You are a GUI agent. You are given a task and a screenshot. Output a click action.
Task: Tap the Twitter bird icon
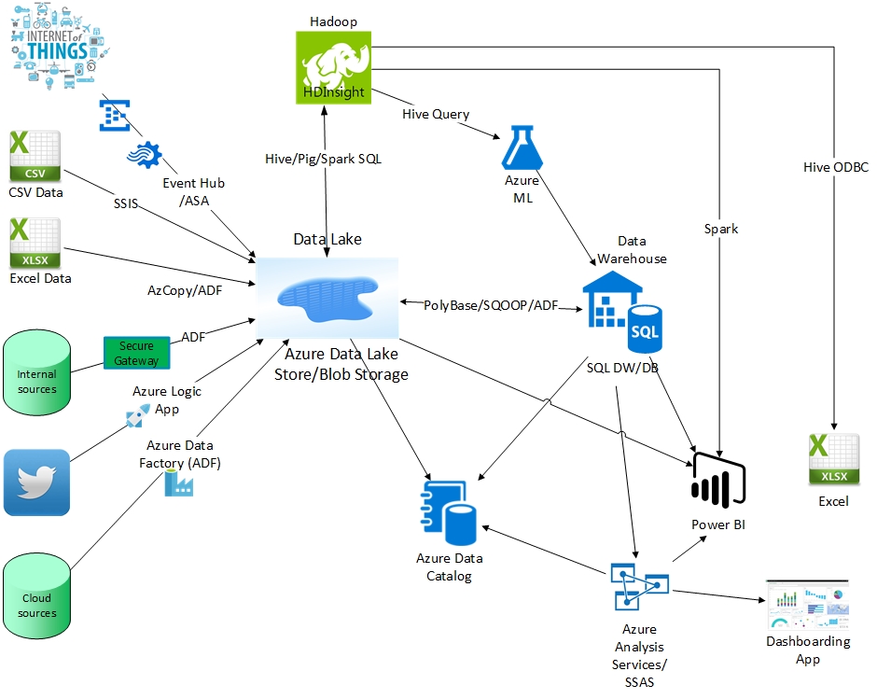(x=36, y=482)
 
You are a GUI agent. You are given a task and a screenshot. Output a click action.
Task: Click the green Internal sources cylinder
(x=36, y=372)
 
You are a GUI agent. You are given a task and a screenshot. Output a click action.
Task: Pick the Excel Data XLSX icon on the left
(x=35, y=243)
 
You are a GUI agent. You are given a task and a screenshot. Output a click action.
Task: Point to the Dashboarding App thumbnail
(x=807, y=604)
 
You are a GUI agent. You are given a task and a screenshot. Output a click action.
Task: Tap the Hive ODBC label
(x=835, y=167)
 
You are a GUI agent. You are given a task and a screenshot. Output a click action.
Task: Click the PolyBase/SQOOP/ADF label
(x=491, y=305)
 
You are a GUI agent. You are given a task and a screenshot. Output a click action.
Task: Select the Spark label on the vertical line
(x=721, y=229)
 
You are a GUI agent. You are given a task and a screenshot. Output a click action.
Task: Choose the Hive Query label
(x=436, y=114)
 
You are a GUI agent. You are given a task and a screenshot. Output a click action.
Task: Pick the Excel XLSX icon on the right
(x=833, y=460)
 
